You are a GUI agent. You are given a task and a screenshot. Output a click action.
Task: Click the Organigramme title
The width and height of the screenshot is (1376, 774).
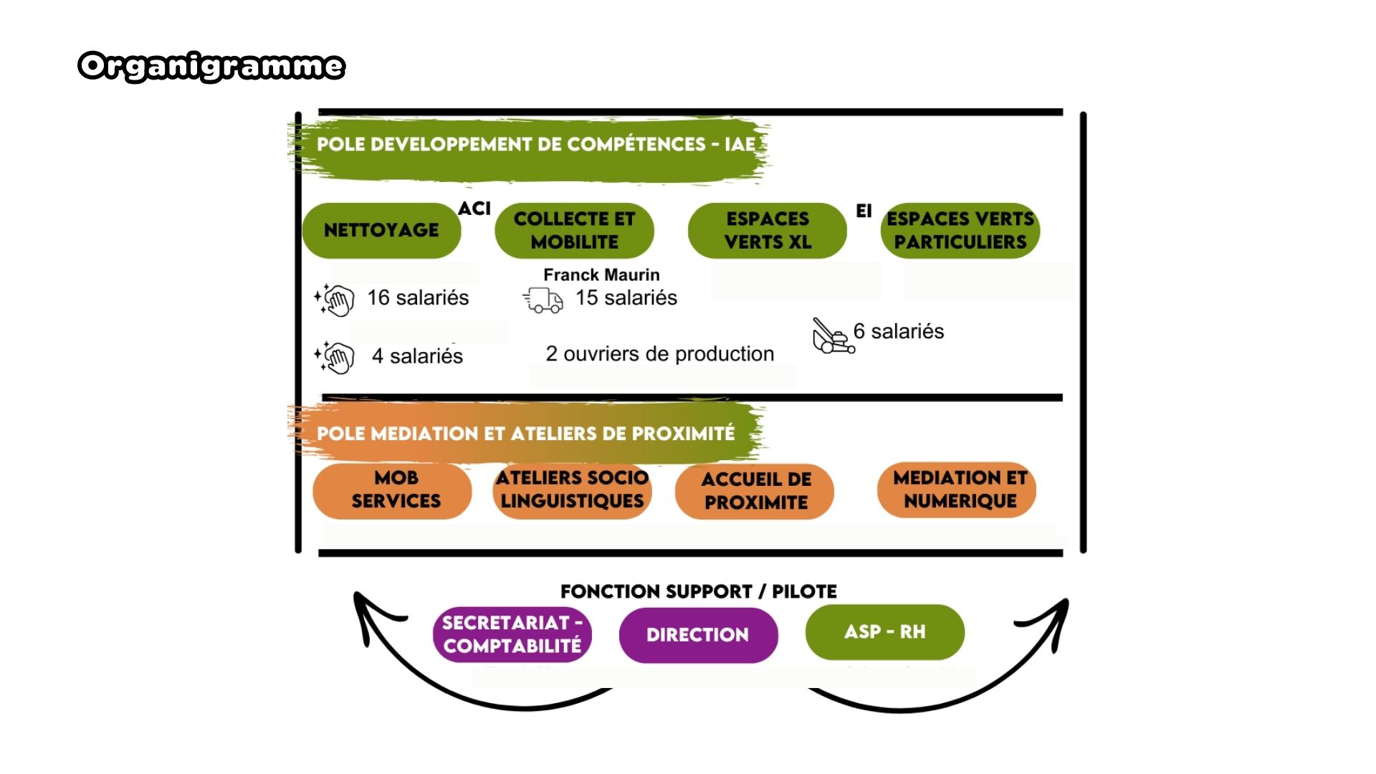tap(211, 66)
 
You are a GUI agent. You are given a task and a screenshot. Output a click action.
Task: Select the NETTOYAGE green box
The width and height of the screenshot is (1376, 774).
tap(381, 230)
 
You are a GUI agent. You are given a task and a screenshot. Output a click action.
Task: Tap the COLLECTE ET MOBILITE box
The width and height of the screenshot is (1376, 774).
tap(574, 230)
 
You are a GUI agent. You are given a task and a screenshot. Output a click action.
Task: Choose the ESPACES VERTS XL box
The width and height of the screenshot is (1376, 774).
tap(767, 230)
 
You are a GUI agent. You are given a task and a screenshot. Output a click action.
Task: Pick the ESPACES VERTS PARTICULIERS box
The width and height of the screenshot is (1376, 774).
tap(960, 230)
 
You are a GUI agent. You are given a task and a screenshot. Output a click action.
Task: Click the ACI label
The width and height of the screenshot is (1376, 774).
tap(474, 209)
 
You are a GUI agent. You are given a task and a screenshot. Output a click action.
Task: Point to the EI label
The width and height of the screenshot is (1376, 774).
tap(864, 211)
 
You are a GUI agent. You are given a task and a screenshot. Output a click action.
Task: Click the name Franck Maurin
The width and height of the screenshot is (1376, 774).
tap(601, 274)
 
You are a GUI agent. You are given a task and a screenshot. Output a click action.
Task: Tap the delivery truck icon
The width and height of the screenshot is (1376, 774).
tap(543, 300)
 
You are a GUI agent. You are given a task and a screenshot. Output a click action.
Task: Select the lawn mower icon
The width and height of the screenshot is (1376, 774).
tap(833, 336)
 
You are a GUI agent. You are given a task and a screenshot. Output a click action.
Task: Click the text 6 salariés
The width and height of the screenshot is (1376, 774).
tap(899, 331)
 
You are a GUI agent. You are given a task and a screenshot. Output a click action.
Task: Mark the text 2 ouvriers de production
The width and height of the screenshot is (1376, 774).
tap(660, 354)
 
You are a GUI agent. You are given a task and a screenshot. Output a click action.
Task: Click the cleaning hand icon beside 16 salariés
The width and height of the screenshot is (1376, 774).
tap(335, 299)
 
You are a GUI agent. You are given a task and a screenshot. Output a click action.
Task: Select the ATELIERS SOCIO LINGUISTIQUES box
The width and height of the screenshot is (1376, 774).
tap(572, 490)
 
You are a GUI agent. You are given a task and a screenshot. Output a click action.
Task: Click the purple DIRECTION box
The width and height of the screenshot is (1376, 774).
tap(698, 635)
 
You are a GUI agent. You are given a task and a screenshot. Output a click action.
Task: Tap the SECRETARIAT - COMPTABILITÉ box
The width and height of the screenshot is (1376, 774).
tap(512, 634)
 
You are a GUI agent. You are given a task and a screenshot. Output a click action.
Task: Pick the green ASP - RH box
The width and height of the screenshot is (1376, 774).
tap(884, 632)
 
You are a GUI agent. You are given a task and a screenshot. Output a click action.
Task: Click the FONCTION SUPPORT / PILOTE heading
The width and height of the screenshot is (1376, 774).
tap(698, 591)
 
